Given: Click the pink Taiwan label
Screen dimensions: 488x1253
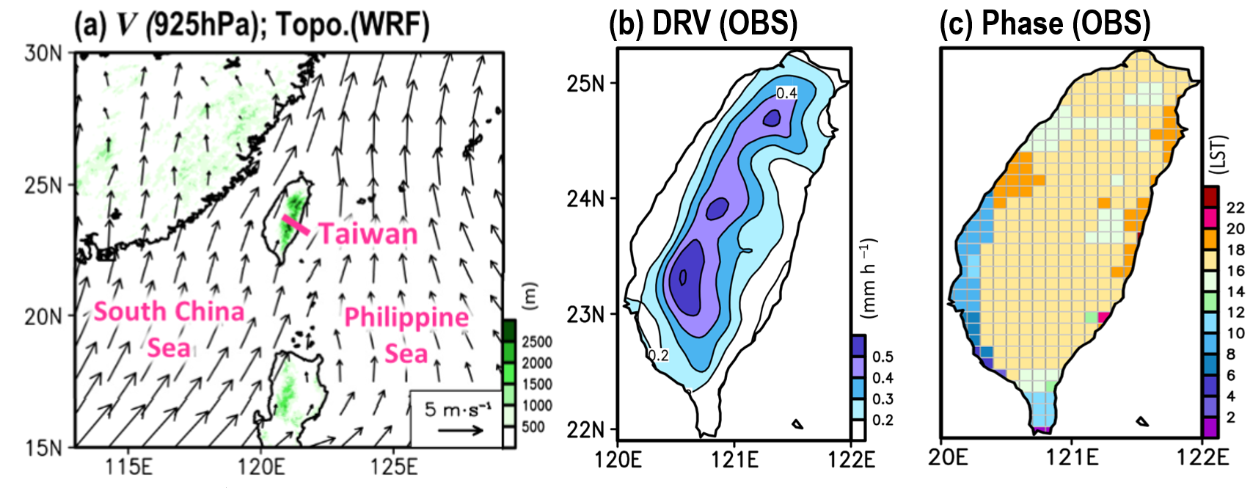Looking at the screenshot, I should tap(368, 234).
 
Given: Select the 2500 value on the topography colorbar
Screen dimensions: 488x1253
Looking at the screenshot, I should tap(537, 342).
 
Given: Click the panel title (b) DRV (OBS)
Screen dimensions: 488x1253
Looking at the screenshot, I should tap(703, 23).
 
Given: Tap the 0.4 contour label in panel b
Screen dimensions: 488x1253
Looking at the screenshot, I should tap(786, 93).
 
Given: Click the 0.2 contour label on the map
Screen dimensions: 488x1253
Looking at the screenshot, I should tap(657, 355).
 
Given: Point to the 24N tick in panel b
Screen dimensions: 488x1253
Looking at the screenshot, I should tap(585, 198).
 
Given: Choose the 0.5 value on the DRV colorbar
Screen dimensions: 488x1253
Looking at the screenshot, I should tap(883, 357).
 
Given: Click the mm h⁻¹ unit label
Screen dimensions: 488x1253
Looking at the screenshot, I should tap(869, 277).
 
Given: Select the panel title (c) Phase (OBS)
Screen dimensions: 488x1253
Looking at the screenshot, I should tap(1045, 23).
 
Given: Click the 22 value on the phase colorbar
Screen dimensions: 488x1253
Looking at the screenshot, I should tap(1235, 208).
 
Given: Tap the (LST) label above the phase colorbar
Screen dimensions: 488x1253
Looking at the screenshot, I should tap(1219, 153).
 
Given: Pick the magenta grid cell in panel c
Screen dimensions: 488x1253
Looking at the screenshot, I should tap(1103, 316).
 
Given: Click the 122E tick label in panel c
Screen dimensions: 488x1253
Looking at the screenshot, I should tap(1202, 457).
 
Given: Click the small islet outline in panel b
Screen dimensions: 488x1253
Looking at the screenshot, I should tap(797, 423).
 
